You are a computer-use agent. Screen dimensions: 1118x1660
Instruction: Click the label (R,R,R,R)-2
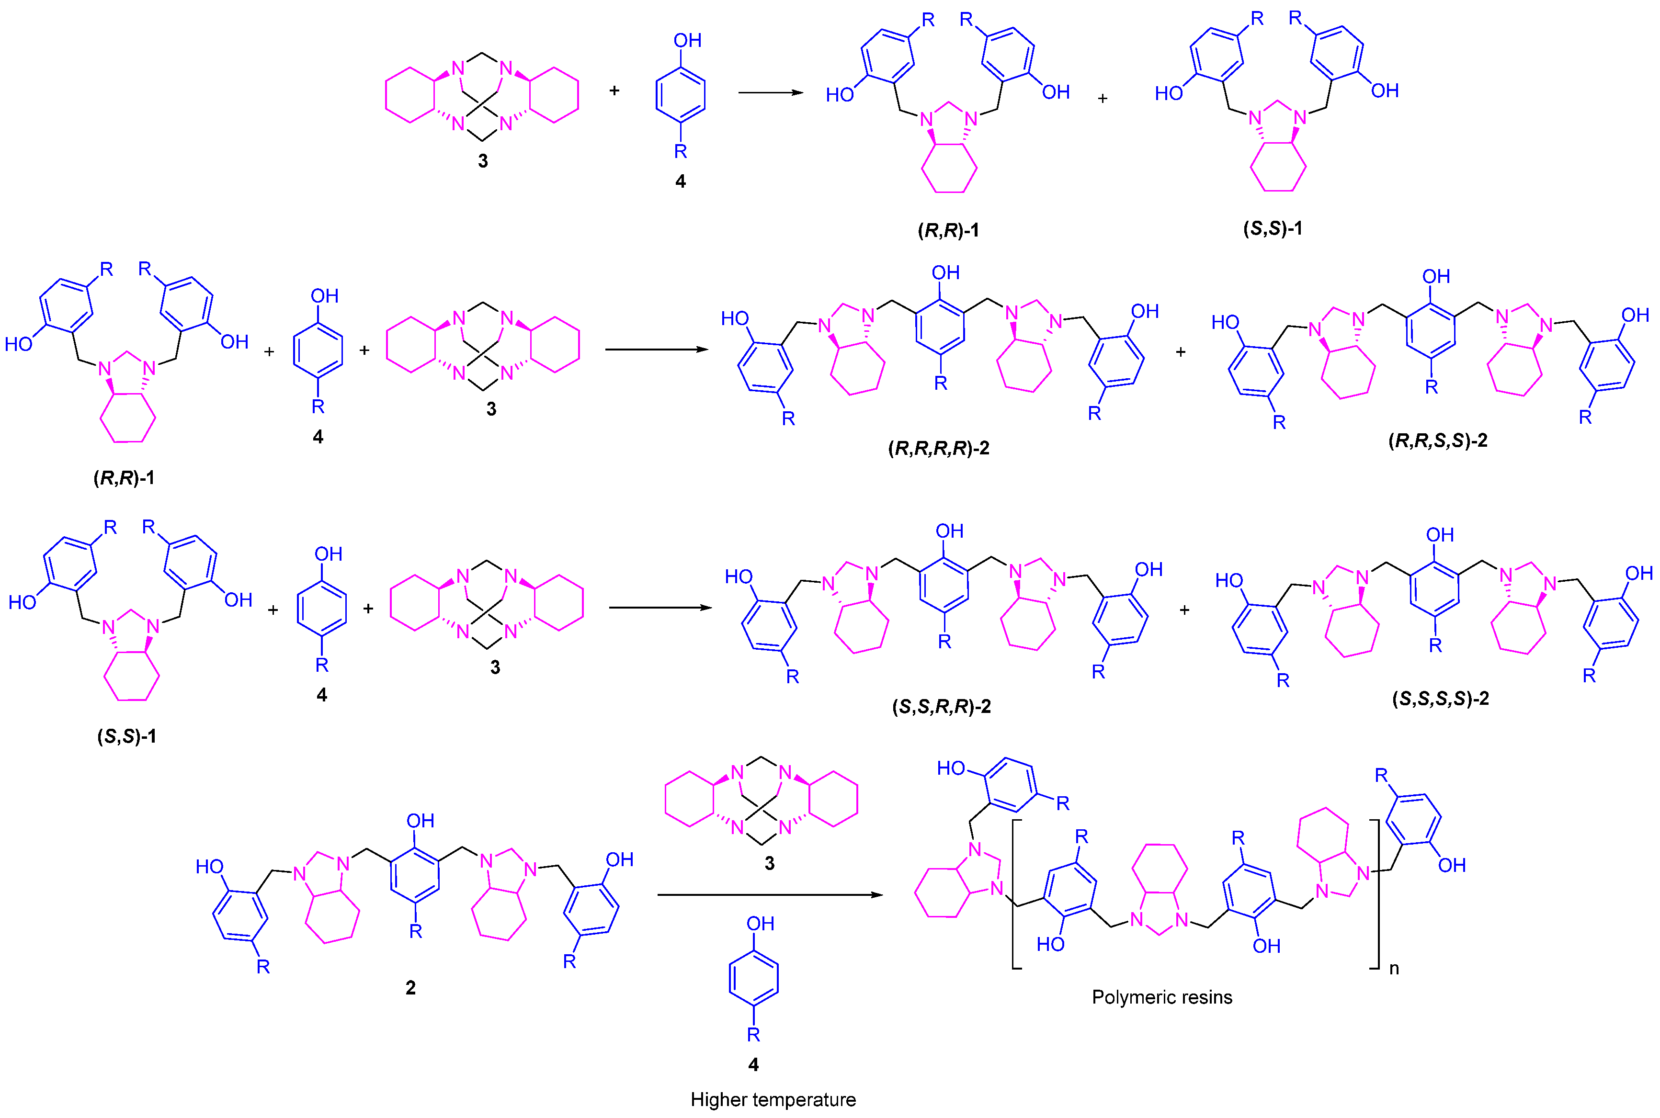click(x=938, y=449)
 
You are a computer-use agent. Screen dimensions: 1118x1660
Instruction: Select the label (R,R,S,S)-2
click(x=1437, y=440)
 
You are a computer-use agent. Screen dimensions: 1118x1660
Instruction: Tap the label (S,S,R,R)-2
click(x=941, y=707)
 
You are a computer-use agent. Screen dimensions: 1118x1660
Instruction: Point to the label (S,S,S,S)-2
click(x=1440, y=699)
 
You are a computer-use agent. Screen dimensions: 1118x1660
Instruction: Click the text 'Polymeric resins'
click(x=1161, y=997)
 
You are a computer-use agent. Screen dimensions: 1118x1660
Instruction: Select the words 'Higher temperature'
click(x=773, y=1099)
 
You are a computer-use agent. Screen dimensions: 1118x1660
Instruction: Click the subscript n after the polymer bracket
click(x=1394, y=968)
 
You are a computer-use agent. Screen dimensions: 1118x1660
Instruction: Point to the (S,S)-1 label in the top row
click(x=1273, y=229)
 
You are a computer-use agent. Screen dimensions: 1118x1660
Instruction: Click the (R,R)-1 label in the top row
click(x=948, y=230)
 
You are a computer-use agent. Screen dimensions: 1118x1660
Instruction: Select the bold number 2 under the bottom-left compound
click(x=411, y=987)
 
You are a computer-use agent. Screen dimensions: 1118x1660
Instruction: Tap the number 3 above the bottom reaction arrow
click(x=769, y=863)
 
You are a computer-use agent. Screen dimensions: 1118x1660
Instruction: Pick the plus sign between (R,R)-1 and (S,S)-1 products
click(x=1103, y=99)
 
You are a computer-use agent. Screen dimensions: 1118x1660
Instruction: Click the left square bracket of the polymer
click(x=1015, y=895)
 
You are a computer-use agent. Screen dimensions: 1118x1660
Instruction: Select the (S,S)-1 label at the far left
click(x=127, y=736)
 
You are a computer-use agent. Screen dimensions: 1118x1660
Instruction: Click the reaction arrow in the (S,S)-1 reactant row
click(x=659, y=608)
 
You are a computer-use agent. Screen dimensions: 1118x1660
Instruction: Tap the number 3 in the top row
click(x=483, y=161)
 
